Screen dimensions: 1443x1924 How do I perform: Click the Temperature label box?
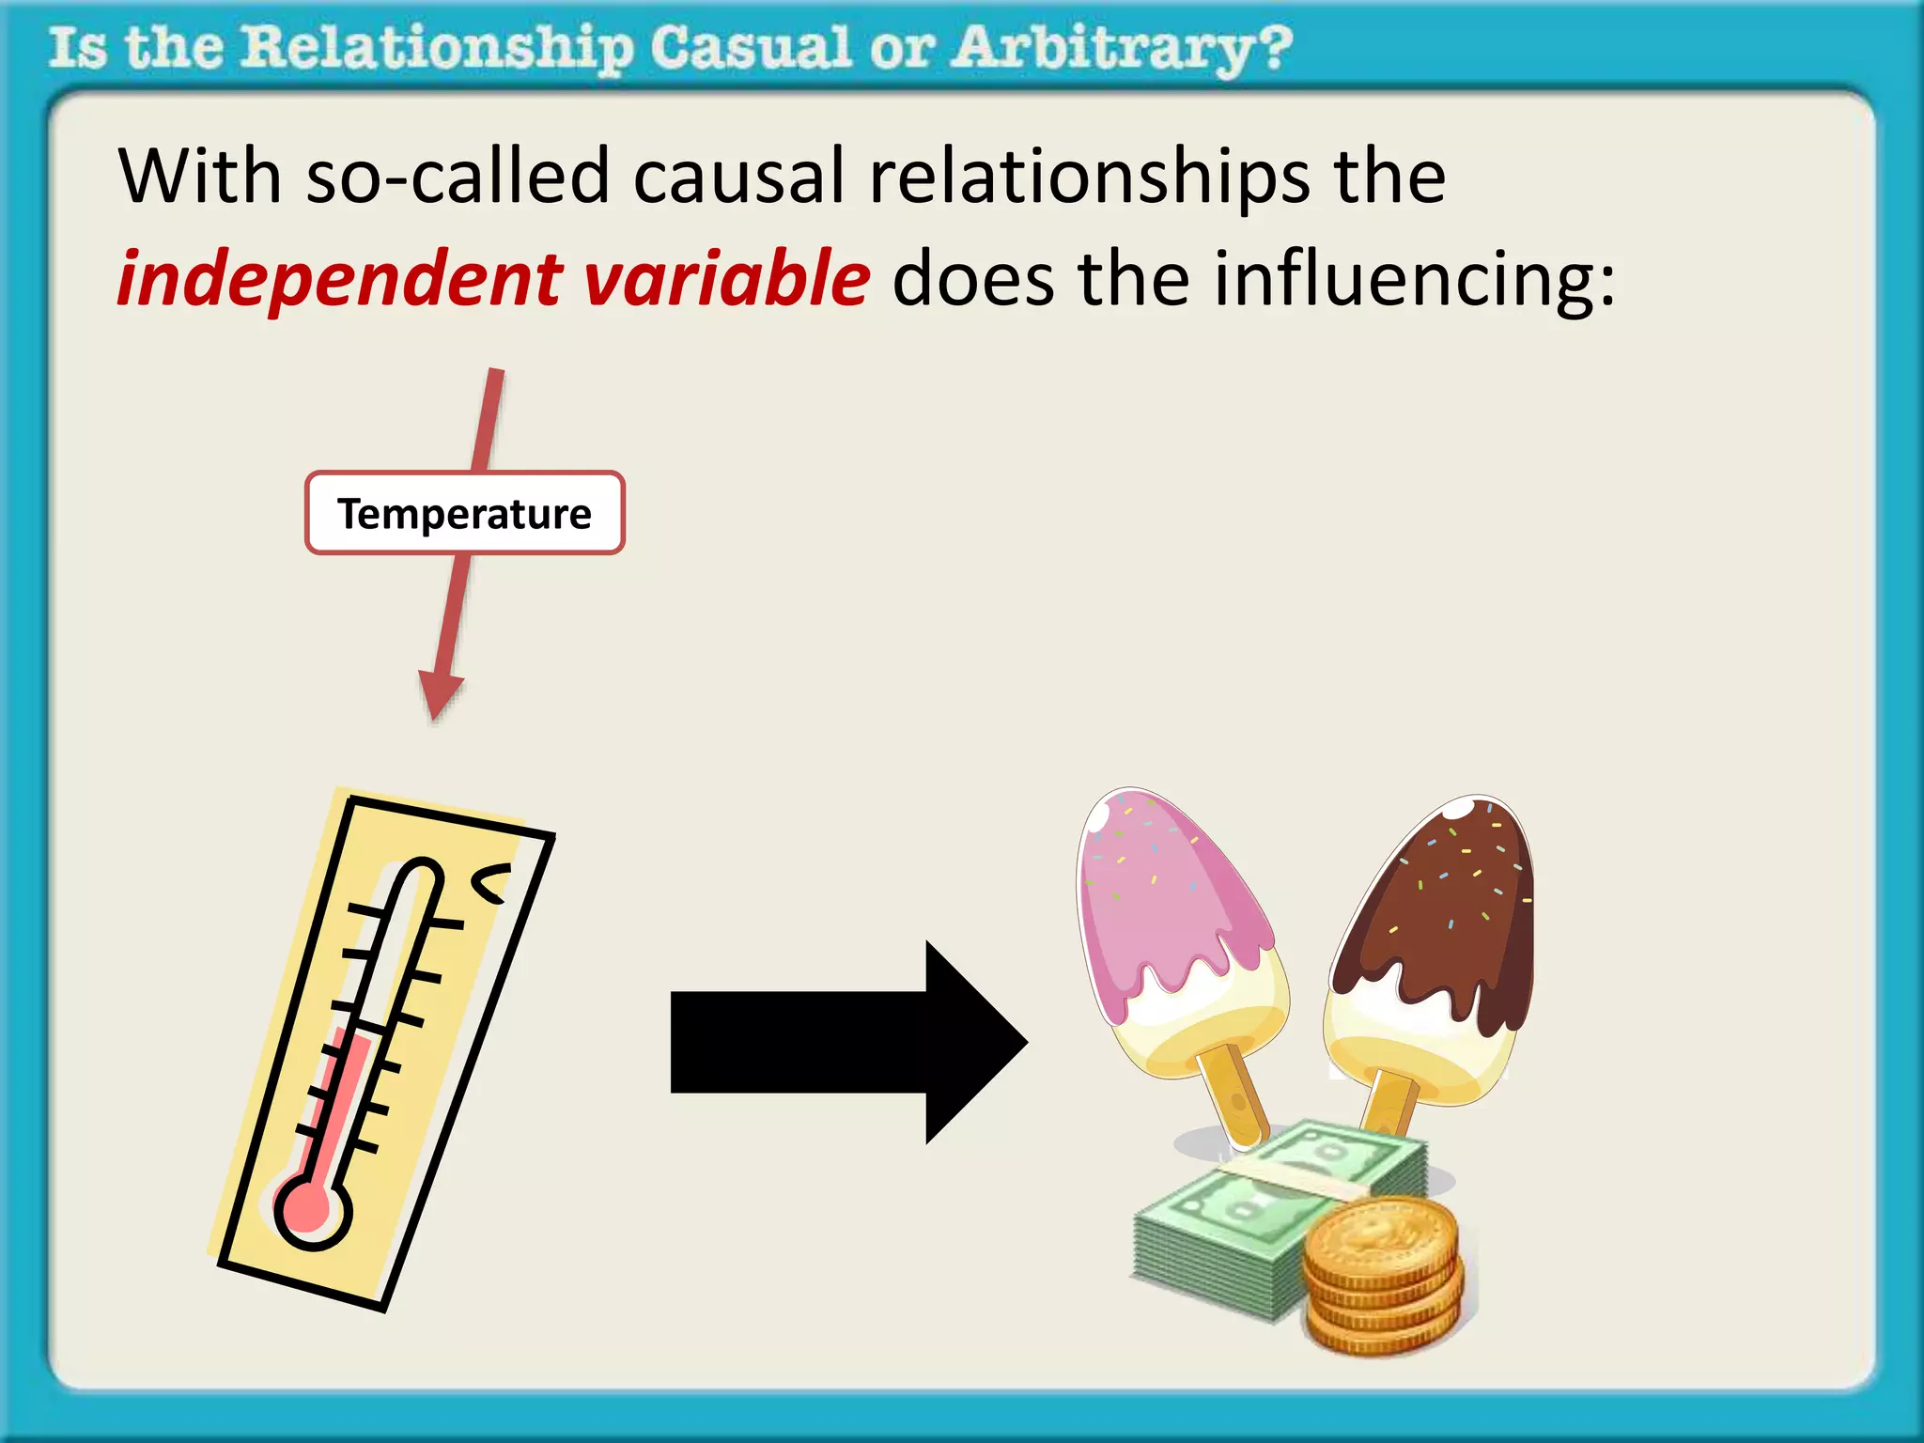[x=464, y=513]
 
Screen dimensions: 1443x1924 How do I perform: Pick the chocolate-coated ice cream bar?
[x=1437, y=939]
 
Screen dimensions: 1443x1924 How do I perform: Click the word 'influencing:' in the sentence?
[x=1414, y=280]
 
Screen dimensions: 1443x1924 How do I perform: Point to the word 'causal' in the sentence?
[x=739, y=177]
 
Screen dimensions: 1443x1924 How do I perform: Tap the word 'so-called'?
[x=458, y=177]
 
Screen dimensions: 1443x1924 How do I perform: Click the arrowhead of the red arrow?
[x=439, y=695]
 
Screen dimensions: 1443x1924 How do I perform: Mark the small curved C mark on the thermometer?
[x=490, y=883]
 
